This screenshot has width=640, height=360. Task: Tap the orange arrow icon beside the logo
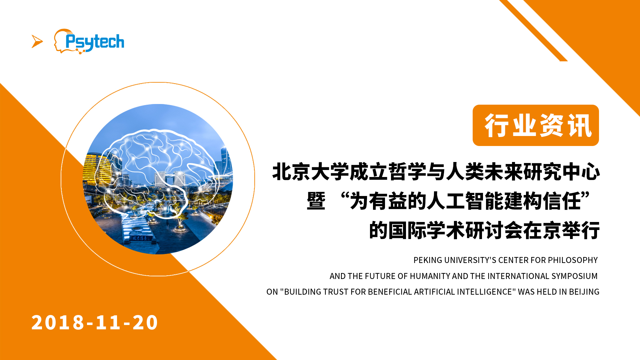coord(37,41)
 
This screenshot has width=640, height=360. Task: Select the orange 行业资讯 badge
coord(536,125)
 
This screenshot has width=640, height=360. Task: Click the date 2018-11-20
coord(95,322)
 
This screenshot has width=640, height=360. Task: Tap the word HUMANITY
coord(430,276)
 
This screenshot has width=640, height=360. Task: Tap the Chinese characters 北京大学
coord(311,172)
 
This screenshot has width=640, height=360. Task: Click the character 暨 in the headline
coord(316,201)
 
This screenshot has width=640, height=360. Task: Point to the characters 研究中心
coord(562,172)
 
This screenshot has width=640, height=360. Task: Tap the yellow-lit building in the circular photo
coord(97,168)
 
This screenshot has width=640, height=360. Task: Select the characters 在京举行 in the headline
coord(562,230)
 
